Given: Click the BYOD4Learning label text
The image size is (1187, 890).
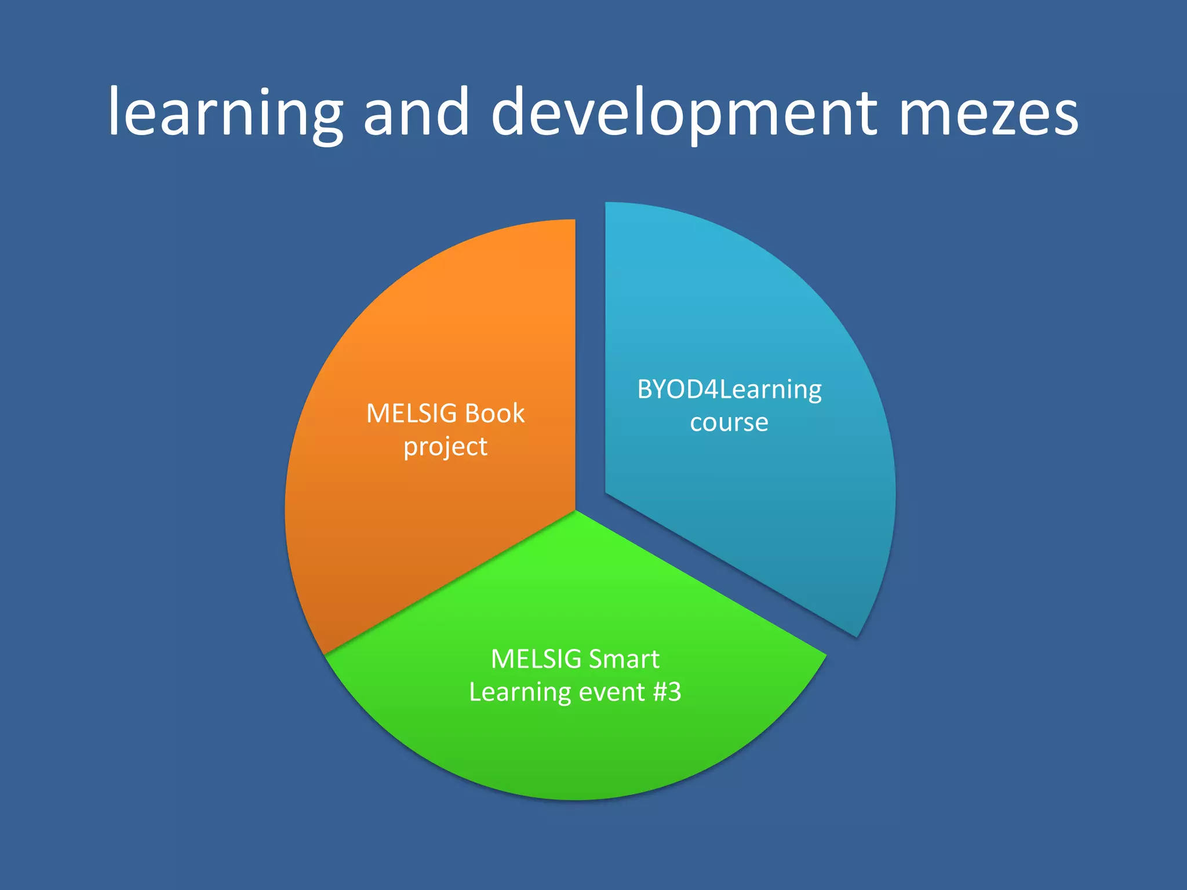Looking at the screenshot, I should (729, 390).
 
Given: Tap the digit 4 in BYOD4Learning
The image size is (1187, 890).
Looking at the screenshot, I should (711, 389).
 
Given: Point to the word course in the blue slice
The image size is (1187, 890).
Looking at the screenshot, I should (729, 422).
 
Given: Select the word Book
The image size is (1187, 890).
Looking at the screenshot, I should (494, 414).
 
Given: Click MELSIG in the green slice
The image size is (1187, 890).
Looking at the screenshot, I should (536, 659).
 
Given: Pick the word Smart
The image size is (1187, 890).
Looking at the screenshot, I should (625, 659).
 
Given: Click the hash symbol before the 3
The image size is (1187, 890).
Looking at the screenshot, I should (660, 692).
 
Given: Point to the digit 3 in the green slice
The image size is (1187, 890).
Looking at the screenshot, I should (675, 692).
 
